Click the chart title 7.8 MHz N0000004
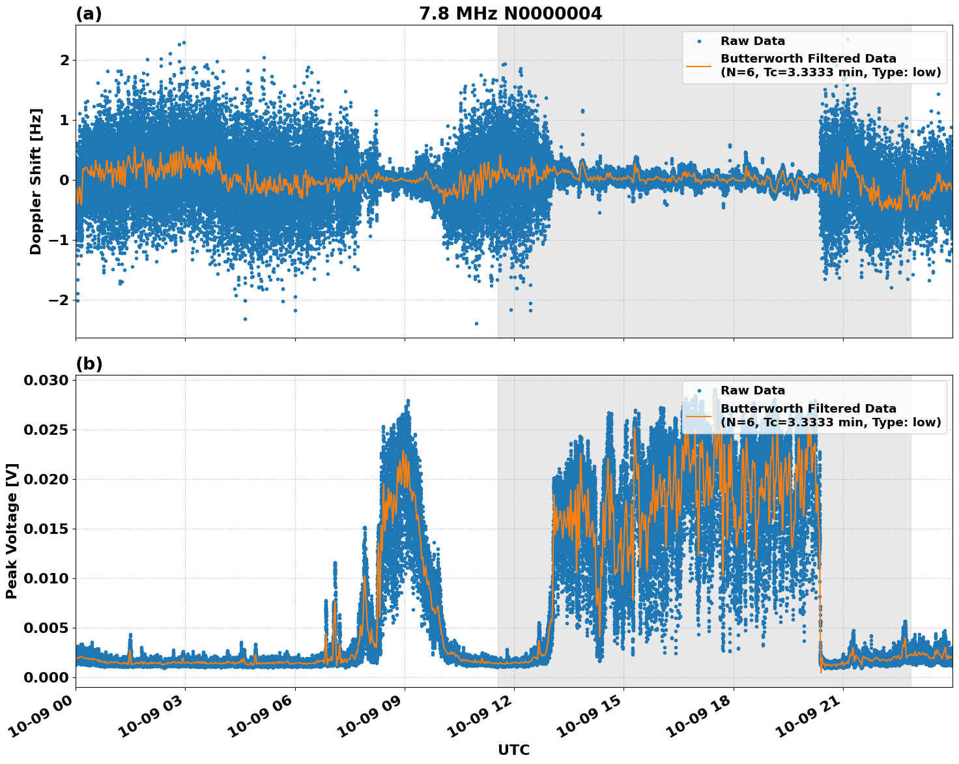pos(510,13)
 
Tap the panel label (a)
pos(89,14)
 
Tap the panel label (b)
pos(89,364)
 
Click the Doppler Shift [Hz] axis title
pos(36,181)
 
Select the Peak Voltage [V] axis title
pos(12,531)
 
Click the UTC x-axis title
pos(513,750)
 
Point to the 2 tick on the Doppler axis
pos(64,60)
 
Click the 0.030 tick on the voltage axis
pos(46,380)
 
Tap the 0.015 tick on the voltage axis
pos(46,529)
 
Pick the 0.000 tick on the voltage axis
pos(46,677)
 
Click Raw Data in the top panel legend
pos(752,41)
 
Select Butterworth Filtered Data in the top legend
pos(808,59)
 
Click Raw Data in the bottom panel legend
pos(752,390)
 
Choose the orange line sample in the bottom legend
pos(698,415)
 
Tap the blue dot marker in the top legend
pos(699,41)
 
